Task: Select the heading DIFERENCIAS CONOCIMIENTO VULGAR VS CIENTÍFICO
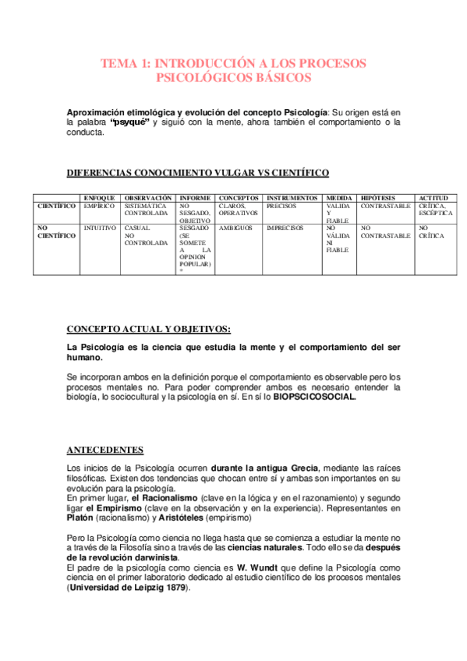[198, 172]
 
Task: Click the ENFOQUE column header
[99, 199]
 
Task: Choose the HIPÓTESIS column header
[378, 199]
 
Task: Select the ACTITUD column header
[433, 199]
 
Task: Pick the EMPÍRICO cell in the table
[99, 207]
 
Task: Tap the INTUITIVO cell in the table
[100, 228]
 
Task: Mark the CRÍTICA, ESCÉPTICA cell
[433, 210]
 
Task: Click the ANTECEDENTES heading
[104, 450]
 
